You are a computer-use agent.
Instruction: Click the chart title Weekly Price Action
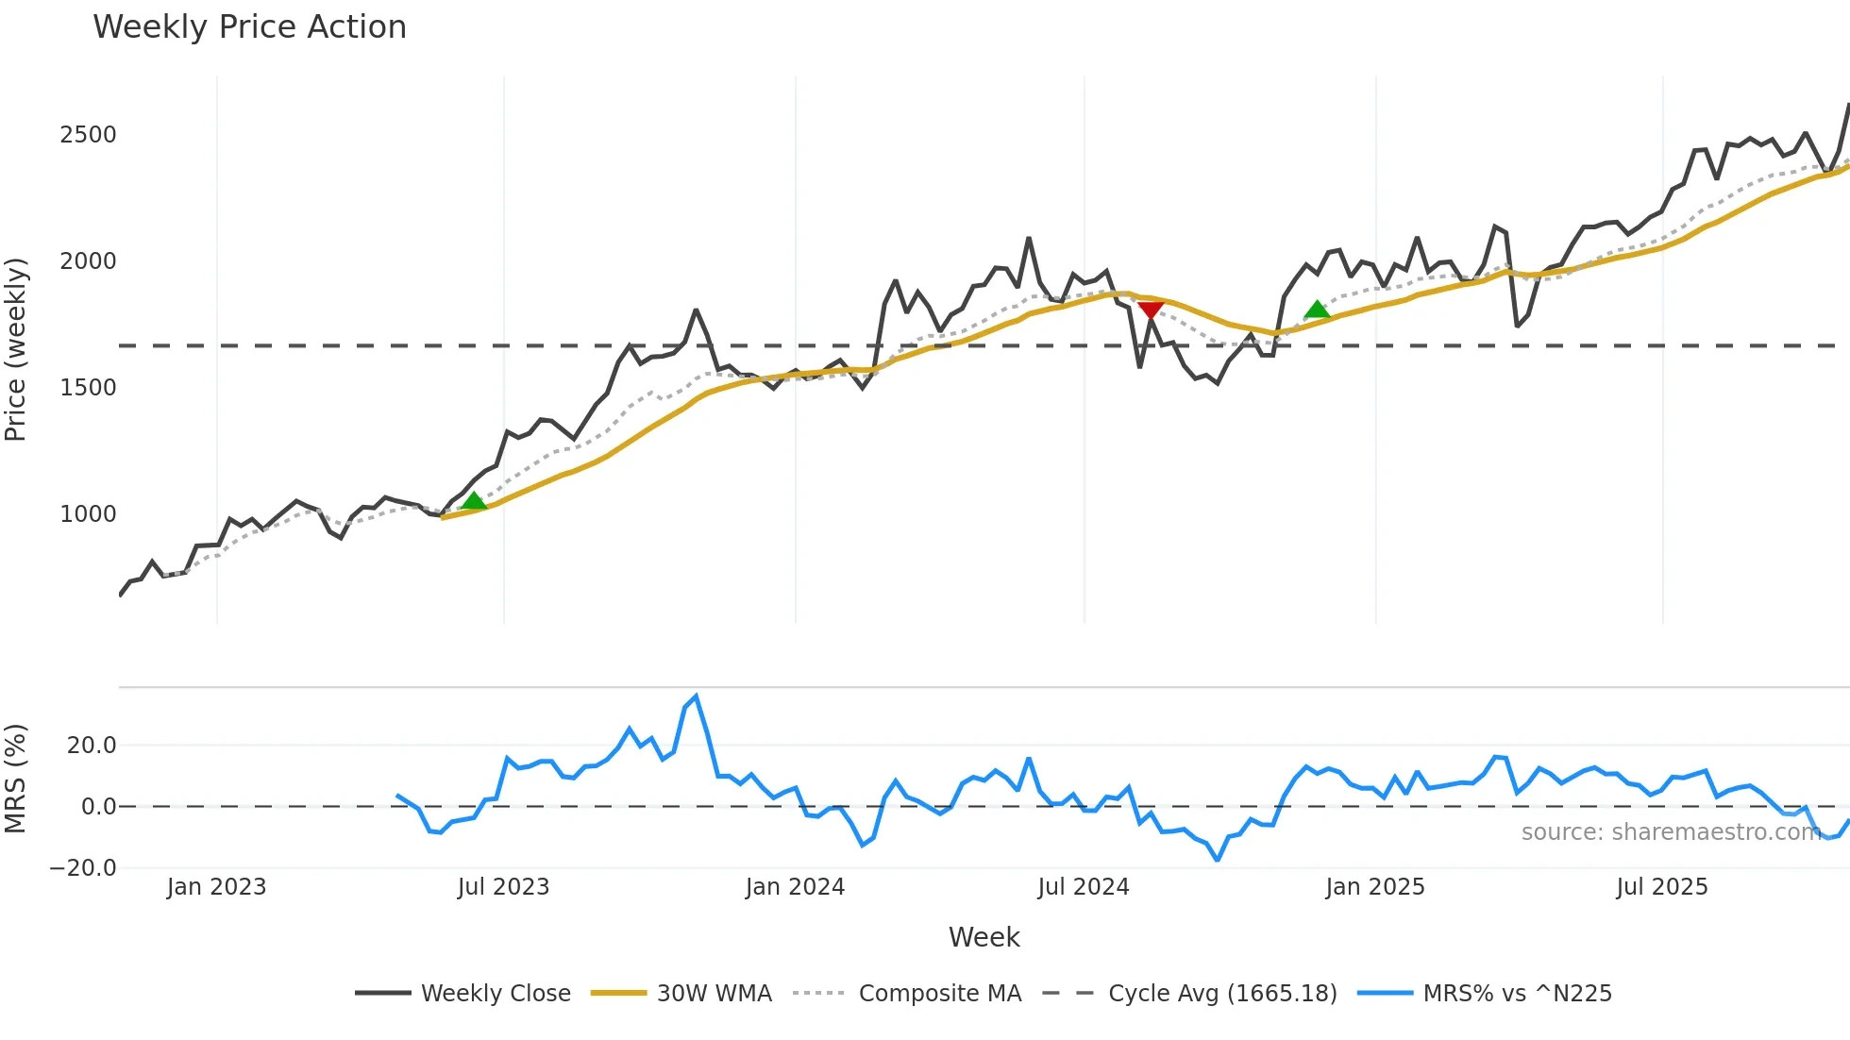pyautogui.click(x=249, y=27)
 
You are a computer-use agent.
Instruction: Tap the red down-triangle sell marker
pyautogui.click(x=1151, y=310)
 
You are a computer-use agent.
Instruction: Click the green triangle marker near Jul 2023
pyautogui.click(x=474, y=501)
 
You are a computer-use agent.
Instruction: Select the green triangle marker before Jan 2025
pyautogui.click(x=1317, y=310)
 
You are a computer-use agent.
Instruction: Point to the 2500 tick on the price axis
pyautogui.click(x=88, y=135)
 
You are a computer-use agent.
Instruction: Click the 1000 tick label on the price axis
pyautogui.click(x=88, y=514)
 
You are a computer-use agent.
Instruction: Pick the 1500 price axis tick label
pyautogui.click(x=88, y=388)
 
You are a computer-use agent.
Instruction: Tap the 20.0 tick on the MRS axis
pyautogui.click(x=92, y=746)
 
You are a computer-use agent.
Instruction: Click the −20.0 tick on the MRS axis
pyautogui.click(x=83, y=868)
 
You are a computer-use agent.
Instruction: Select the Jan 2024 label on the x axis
pyautogui.click(x=795, y=887)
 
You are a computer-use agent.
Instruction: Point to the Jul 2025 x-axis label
pyautogui.click(x=1661, y=887)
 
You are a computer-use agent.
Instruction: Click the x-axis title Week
pyautogui.click(x=984, y=937)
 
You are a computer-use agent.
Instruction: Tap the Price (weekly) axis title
pyautogui.click(x=16, y=349)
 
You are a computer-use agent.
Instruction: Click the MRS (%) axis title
pyautogui.click(x=16, y=779)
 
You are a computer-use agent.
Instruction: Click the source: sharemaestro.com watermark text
pyautogui.click(x=1671, y=832)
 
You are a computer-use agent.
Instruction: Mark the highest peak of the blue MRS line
pyautogui.click(x=697, y=696)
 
